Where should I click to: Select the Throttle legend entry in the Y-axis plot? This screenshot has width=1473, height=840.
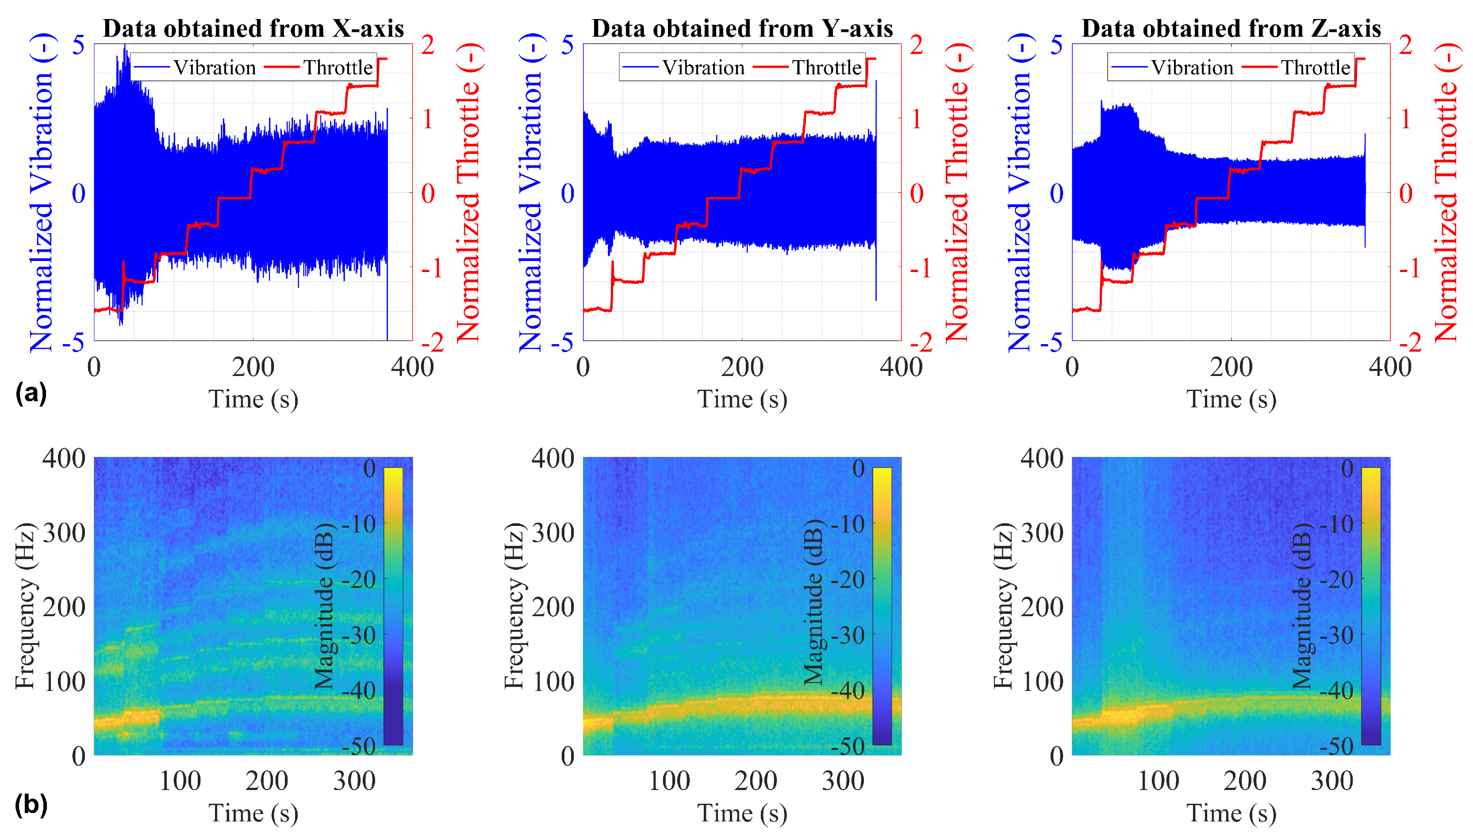(x=807, y=68)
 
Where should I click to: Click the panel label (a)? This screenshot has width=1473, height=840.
(x=31, y=394)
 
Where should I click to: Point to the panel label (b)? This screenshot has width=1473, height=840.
(x=31, y=805)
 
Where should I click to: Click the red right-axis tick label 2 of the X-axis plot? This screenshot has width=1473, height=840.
(x=427, y=45)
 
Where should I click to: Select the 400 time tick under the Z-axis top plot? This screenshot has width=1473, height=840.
(x=1390, y=367)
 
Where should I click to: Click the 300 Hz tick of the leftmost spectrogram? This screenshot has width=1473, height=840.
(x=64, y=533)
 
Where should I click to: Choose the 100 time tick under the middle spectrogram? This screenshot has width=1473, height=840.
(x=669, y=781)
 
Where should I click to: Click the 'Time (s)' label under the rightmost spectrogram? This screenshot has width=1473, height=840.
(x=1231, y=813)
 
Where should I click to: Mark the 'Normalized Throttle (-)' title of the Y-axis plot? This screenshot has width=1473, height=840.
(x=957, y=193)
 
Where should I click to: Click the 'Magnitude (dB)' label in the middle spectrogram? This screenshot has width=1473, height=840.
(x=813, y=606)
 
